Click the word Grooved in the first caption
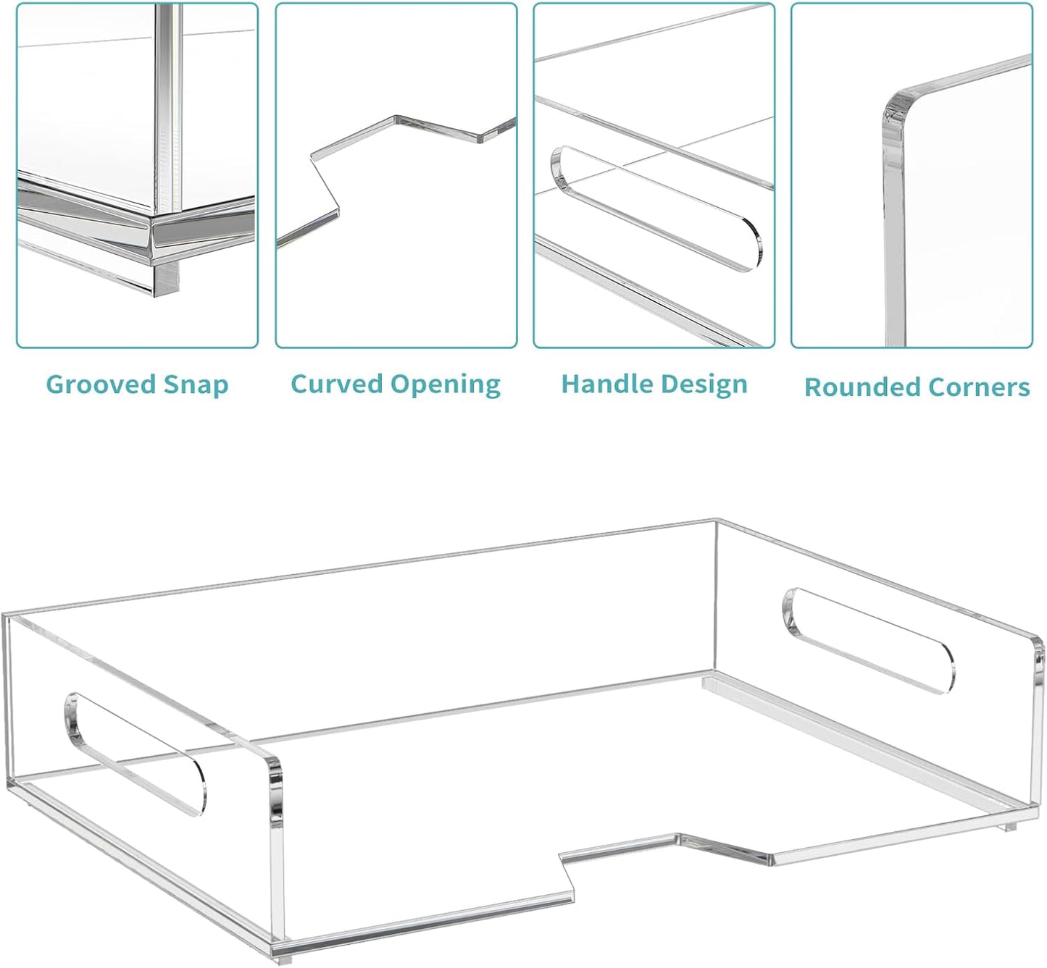point(100,385)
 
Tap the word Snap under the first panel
point(196,386)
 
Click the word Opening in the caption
point(445,385)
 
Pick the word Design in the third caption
point(701,385)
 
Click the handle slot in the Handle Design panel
point(656,209)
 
